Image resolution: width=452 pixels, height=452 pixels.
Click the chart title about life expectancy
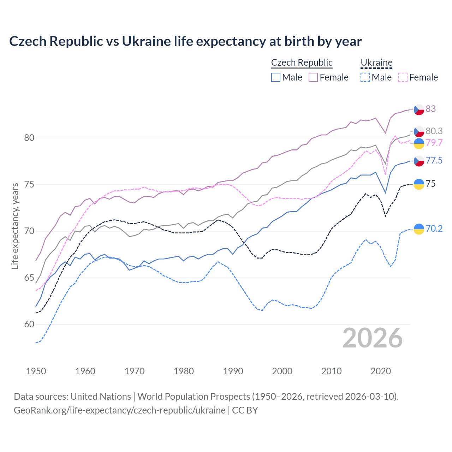point(185,41)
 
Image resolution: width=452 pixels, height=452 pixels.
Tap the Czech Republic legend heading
point(302,63)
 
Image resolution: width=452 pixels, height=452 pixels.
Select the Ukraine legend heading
point(376,63)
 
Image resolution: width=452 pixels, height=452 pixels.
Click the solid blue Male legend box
point(276,77)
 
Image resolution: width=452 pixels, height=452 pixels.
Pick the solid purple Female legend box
point(313,77)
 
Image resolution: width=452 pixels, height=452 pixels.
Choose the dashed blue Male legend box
point(365,77)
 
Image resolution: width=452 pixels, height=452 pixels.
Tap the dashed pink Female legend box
point(403,77)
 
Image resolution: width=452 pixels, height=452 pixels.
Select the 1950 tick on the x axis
point(36,371)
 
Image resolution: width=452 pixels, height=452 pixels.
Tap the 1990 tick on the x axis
point(233,371)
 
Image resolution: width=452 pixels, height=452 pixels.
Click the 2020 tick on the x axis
point(381,371)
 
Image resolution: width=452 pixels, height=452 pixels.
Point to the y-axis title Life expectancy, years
point(15,226)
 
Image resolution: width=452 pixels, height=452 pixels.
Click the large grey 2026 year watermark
point(373,338)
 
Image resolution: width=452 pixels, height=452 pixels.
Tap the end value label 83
point(430,109)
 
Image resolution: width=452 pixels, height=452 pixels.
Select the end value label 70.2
point(434,228)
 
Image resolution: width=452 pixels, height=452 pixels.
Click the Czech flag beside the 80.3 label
point(419,131)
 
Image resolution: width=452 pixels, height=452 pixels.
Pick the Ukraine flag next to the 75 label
point(419,184)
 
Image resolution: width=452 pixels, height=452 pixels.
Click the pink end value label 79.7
point(434,143)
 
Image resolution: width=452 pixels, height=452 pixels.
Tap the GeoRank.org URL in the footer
point(119,410)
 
